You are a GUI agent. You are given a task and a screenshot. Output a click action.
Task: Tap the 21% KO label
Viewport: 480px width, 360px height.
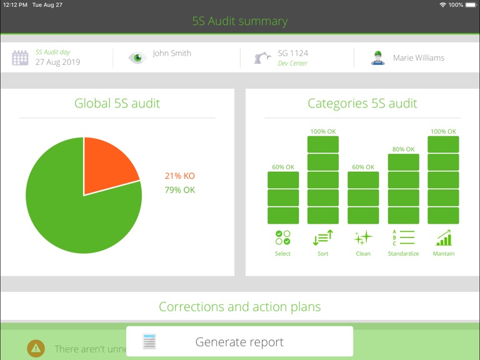pos(180,176)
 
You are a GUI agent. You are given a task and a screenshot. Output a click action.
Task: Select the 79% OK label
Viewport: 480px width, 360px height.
pos(180,190)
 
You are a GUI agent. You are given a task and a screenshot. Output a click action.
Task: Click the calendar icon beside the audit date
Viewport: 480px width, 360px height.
pos(21,58)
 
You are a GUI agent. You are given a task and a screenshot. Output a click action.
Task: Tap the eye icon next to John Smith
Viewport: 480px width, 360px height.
pos(136,58)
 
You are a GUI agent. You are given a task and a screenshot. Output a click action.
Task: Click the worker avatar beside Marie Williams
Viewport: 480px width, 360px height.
pos(377,58)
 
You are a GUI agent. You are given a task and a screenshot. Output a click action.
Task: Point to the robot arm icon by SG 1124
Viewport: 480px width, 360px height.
pos(262,58)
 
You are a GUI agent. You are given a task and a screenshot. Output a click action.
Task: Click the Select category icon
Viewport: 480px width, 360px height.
pos(282,238)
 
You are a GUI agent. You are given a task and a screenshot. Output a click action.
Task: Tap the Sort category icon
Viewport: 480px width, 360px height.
pos(322,238)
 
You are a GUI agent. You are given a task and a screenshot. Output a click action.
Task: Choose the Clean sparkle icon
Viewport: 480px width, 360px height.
pos(363,238)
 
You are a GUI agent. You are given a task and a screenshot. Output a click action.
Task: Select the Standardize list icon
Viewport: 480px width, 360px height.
pos(403,238)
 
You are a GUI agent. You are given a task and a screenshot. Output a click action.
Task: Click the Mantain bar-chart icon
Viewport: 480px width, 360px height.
pos(444,238)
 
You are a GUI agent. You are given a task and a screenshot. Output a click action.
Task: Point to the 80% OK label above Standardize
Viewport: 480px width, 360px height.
pos(403,149)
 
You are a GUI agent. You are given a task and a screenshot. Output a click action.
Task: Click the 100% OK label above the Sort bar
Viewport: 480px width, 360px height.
pos(323,132)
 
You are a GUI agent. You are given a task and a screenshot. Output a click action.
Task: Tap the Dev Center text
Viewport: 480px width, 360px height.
pos(292,63)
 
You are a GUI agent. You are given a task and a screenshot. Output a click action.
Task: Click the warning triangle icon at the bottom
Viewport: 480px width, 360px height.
pos(36,349)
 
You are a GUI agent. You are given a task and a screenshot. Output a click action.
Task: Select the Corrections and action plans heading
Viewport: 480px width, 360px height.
pos(240,307)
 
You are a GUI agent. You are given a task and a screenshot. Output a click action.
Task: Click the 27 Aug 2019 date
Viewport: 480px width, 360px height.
pos(57,62)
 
